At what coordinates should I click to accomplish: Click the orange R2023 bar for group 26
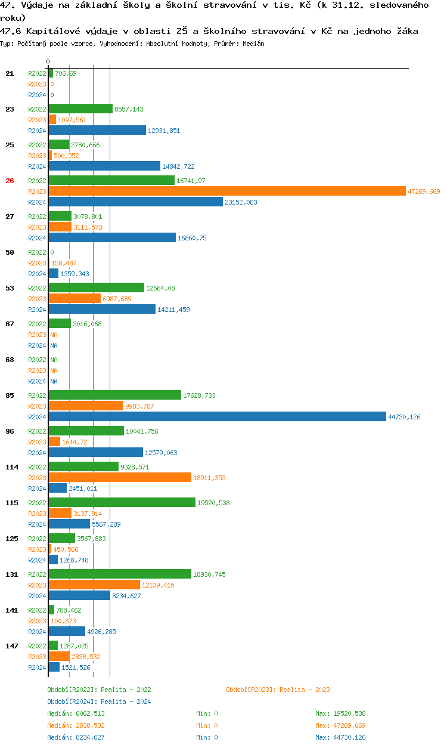(226, 191)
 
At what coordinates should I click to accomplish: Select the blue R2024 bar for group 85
(217, 417)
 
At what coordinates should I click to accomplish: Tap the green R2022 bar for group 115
(122, 503)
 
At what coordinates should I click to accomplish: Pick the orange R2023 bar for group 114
(120, 478)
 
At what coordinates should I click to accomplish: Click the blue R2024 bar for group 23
(97, 131)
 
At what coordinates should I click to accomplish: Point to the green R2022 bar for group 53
(96, 288)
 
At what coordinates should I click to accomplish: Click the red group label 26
(10, 181)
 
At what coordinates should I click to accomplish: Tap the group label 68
(10, 360)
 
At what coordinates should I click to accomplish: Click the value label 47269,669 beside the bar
(424, 191)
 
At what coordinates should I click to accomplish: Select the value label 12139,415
(158, 585)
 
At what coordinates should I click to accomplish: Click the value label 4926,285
(101, 632)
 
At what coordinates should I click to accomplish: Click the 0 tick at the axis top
(48, 61)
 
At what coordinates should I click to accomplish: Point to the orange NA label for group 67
(54, 335)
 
